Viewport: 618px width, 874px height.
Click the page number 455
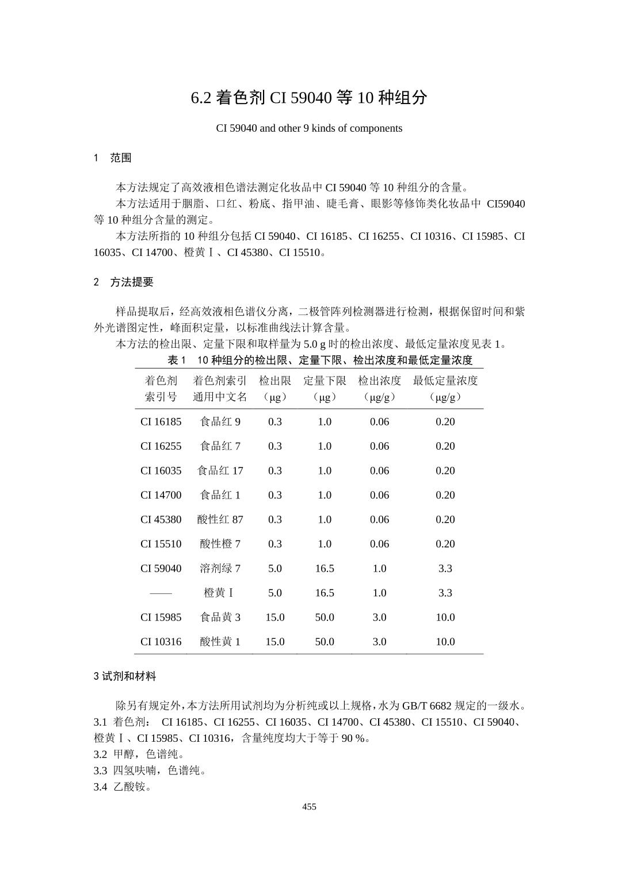(x=309, y=807)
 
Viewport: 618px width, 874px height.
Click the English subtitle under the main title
(x=309, y=128)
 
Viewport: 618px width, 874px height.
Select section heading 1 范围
(x=113, y=158)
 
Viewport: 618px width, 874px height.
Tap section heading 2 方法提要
(x=124, y=282)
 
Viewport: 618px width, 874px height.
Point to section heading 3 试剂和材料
(x=125, y=677)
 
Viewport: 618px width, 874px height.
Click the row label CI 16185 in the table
(x=161, y=421)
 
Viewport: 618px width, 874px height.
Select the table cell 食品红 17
(x=220, y=470)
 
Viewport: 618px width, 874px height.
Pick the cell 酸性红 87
(x=220, y=519)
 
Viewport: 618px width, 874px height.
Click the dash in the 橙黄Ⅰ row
(x=161, y=593)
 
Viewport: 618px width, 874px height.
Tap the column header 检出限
(x=275, y=381)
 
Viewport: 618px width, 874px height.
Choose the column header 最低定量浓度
(x=445, y=381)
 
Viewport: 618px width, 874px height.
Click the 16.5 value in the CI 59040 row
(x=325, y=568)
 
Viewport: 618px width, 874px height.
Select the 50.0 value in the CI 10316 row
(x=325, y=642)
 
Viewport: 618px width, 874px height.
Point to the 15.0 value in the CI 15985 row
(x=275, y=617)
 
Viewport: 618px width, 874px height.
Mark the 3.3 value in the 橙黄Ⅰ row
(x=445, y=593)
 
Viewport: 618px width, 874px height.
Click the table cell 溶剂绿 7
(x=220, y=568)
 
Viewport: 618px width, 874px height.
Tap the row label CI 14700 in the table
(x=161, y=495)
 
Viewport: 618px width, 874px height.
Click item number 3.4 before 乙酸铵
(x=100, y=787)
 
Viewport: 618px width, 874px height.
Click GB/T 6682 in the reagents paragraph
(x=426, y=706)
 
